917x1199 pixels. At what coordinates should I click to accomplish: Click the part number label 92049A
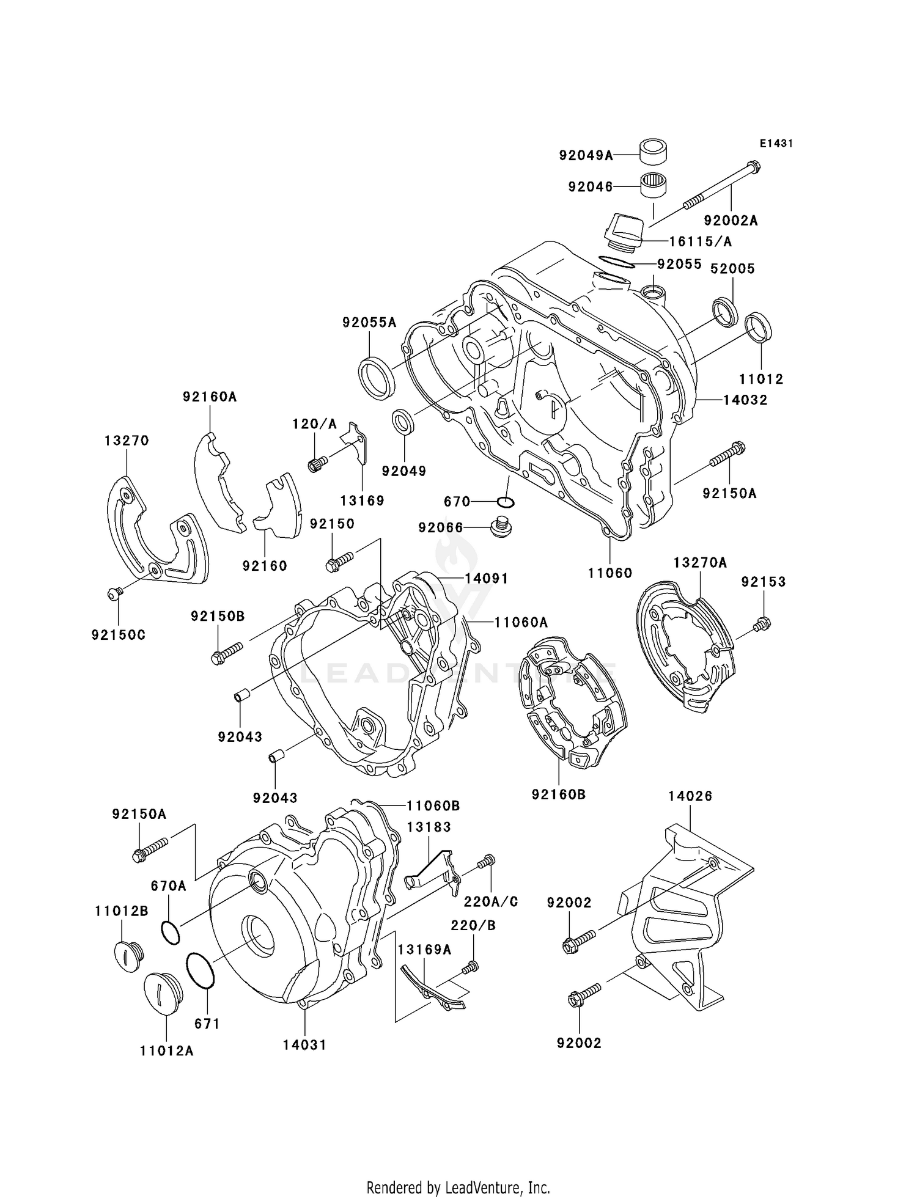click(x=586, y=156)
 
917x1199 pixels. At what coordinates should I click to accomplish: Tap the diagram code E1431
click(x=776, y=144)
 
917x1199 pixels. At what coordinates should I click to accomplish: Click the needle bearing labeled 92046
click(x=653, y=185)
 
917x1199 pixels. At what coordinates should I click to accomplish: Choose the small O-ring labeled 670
click(x=506, y=502)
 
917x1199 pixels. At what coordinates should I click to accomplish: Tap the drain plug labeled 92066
click(x=501, y=527)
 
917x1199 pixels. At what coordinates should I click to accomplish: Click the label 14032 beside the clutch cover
click(x=745, y=400)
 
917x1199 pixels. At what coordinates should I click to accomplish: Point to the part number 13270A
click(x=700, y=562)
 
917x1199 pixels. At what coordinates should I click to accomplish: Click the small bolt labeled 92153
click(x=762, y=625)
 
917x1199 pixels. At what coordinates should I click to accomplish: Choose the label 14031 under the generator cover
click(x=304, y=1044)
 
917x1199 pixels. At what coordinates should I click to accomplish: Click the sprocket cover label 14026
click(x=690, y=796)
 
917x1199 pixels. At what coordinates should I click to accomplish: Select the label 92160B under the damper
click(x=559, y=794)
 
